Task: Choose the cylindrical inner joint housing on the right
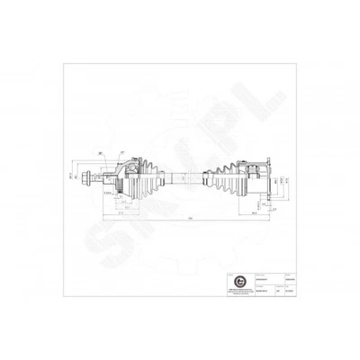(253, 178)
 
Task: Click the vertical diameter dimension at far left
(70, 175)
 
